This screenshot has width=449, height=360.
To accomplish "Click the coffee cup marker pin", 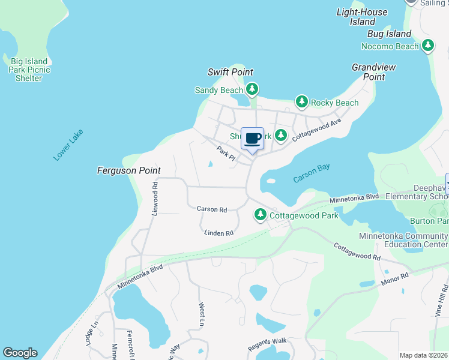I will [x=253, y=139].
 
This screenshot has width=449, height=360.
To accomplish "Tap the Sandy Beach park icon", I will [x=252, y=90].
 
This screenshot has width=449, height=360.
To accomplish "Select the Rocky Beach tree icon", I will [x=301, y=103].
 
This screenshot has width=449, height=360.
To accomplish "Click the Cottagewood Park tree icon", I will [x=260, y=214].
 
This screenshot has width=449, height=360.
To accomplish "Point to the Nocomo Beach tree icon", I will [x=427, y=46].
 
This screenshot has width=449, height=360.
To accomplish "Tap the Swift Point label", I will [x=231, y=72].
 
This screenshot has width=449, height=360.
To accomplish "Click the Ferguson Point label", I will [x=129, y=170].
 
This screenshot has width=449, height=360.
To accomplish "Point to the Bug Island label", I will [x=389, y=34].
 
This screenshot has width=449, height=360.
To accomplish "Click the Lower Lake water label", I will [x=68, y=145].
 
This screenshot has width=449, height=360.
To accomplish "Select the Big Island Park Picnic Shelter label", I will [x=29, y=70].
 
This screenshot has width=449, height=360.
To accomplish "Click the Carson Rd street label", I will [x=212, y=209].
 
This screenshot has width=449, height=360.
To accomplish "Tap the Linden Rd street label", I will [x=218, y=233].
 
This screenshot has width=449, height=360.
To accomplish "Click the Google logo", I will [x=20, y=353].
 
